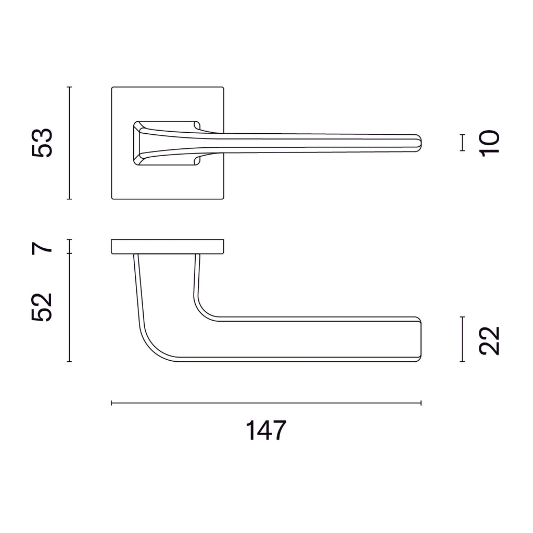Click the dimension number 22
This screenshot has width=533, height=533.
[490, 340]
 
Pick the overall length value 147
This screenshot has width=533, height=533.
[266, 430]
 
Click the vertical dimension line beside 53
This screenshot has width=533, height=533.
[69, 143]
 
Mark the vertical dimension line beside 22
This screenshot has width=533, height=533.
[462, 339]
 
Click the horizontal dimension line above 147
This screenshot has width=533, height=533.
[266, 403]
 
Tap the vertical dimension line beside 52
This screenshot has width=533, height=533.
[69, 308]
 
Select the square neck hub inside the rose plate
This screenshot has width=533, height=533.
[166, 143]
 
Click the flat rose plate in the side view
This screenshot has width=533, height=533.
[168, 247]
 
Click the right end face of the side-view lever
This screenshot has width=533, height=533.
[420, 339]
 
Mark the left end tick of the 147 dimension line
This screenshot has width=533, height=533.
[112, 403]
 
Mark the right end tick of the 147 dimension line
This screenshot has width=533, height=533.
[421, 403]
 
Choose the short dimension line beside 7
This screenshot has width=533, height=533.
[69, 247]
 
